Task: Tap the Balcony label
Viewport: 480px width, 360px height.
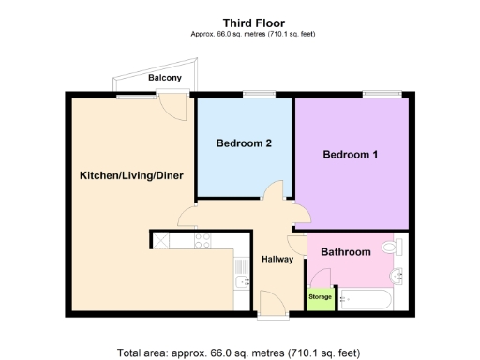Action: tap(165, 79)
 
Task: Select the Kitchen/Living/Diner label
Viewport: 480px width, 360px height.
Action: tap(130, 175)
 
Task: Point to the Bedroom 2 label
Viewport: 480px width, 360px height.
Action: tap(244, 143)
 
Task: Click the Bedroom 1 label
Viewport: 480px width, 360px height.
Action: tap(351, 155)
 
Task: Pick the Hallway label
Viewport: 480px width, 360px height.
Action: tap(277, 260)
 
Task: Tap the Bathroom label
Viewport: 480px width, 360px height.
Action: tap(346, 252)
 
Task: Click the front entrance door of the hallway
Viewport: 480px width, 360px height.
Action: tap(273, 303)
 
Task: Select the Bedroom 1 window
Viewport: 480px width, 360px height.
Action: tap(382, 93)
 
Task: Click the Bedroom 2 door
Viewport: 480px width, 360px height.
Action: tap(274, 193)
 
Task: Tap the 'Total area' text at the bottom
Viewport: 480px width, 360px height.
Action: tap(238, 353)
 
